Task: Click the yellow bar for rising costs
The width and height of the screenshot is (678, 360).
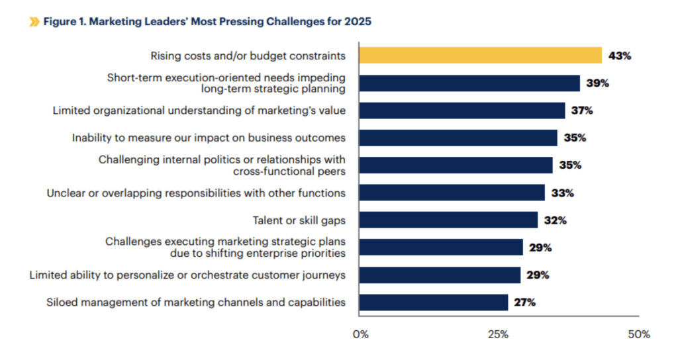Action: (480, 56)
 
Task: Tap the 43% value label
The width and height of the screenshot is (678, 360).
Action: (620, 56)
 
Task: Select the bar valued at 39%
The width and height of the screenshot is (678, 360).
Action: (469, 83)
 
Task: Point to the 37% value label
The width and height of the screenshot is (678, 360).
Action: (582, 111)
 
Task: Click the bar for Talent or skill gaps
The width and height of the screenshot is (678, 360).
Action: (448, 220)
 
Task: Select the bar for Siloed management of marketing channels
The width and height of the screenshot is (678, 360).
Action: (434, 302)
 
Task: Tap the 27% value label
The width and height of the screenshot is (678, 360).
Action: (524, 302)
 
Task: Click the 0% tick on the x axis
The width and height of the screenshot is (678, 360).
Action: (360, 334)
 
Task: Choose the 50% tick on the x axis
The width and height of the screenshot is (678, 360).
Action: (639, 334)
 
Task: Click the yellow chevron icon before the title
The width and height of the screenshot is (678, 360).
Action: (34, 22)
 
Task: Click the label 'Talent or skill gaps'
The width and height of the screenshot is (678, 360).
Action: (299, 220)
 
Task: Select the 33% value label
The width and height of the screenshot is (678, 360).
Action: (562, 193)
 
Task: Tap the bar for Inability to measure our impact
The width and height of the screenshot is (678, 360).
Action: (458, 138)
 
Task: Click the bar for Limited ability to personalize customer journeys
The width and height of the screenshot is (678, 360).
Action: (440, 275)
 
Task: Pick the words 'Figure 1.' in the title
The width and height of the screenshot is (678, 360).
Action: (65, 22)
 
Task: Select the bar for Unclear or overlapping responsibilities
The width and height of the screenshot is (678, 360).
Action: (452, 193)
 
